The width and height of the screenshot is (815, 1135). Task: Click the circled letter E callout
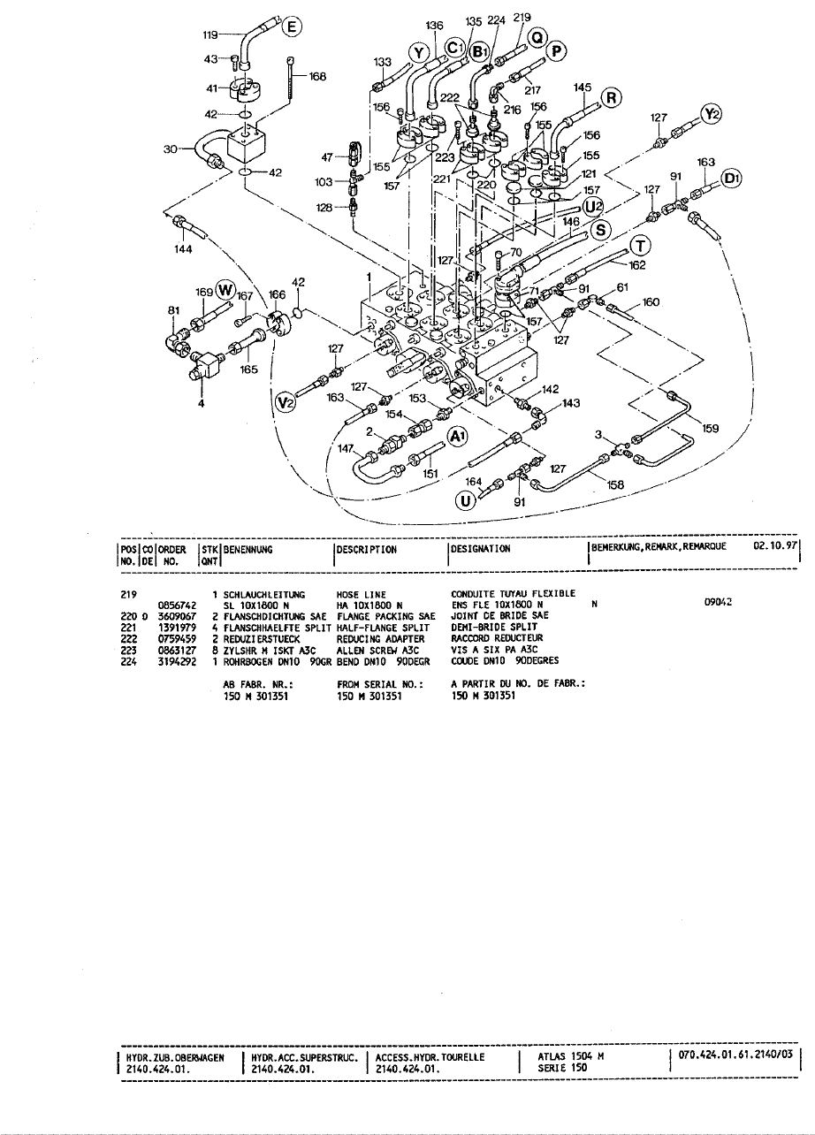pyautogui.click(x=289, y=27)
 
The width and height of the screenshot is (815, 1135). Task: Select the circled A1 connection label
pyautogui.click(x=456, y=437)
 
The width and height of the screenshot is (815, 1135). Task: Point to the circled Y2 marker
pyautogui.click(x=712, y=114)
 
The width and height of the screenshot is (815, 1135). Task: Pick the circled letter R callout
pyautogui.click(x=610, y=97)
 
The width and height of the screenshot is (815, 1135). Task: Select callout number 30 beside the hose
pyautogui.click(x=171, y=149)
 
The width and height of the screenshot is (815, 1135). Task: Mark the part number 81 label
pyautogui.click(x=172, y=310)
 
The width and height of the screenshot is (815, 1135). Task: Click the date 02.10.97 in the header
pyautogui.click(x=775, y=546)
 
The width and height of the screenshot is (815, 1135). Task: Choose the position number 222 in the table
pyautogui.click(x=126, y=637)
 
